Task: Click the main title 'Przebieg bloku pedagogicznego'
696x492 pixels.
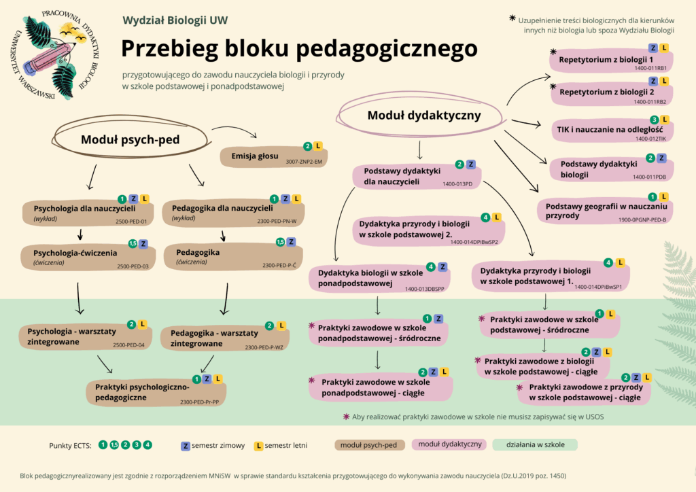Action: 299,49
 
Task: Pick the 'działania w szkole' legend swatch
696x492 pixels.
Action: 534,445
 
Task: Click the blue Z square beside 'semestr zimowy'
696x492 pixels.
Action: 184,446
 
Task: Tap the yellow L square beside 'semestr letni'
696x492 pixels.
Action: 259,446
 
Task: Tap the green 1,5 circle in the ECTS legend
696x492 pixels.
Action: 114,445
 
